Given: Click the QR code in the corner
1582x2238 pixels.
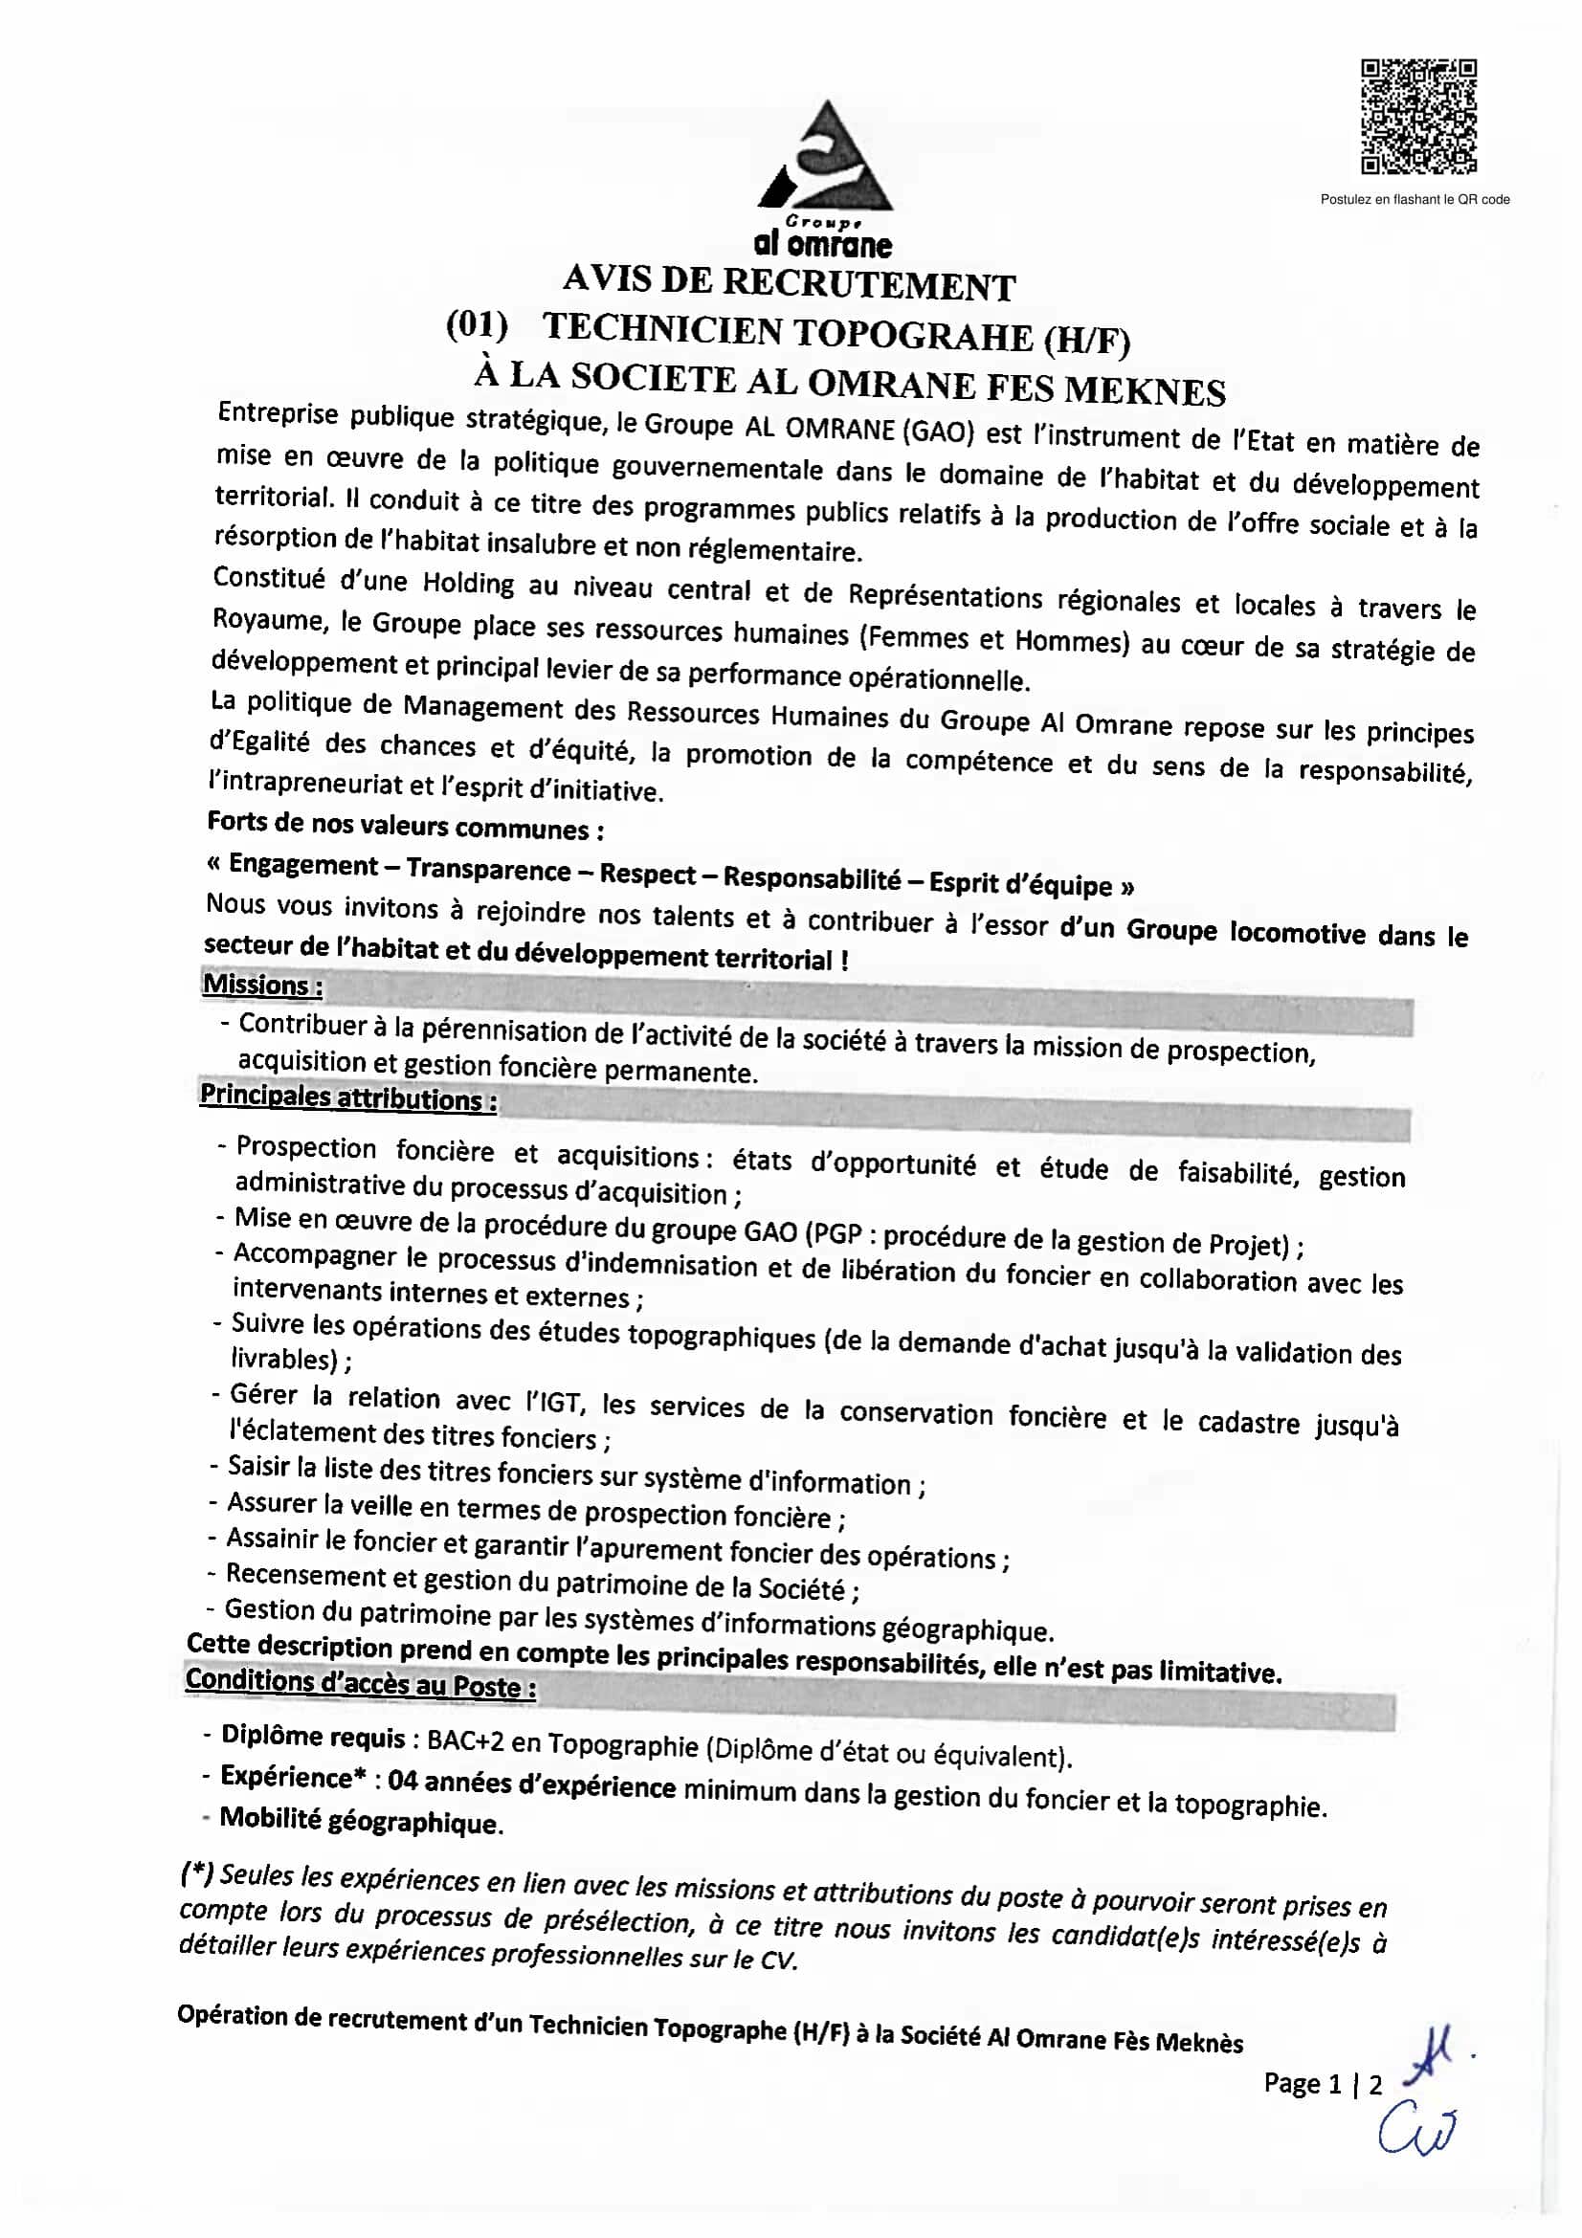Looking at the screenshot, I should coord(1418,117).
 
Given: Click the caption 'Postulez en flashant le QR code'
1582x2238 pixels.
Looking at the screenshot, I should coord(1415,200).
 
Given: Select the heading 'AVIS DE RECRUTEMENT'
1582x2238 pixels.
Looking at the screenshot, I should coord(789,283).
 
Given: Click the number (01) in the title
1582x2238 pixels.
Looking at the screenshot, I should coord(477,324).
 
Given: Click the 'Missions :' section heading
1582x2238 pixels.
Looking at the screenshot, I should coord(262,986).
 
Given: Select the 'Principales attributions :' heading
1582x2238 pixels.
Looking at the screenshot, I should coord(348,1097).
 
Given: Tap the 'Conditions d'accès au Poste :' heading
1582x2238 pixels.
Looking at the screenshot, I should coord(360,1683).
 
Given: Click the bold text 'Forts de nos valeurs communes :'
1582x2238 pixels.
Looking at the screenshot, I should coord(405,826).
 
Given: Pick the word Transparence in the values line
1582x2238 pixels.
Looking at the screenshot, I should coord(488,869).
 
